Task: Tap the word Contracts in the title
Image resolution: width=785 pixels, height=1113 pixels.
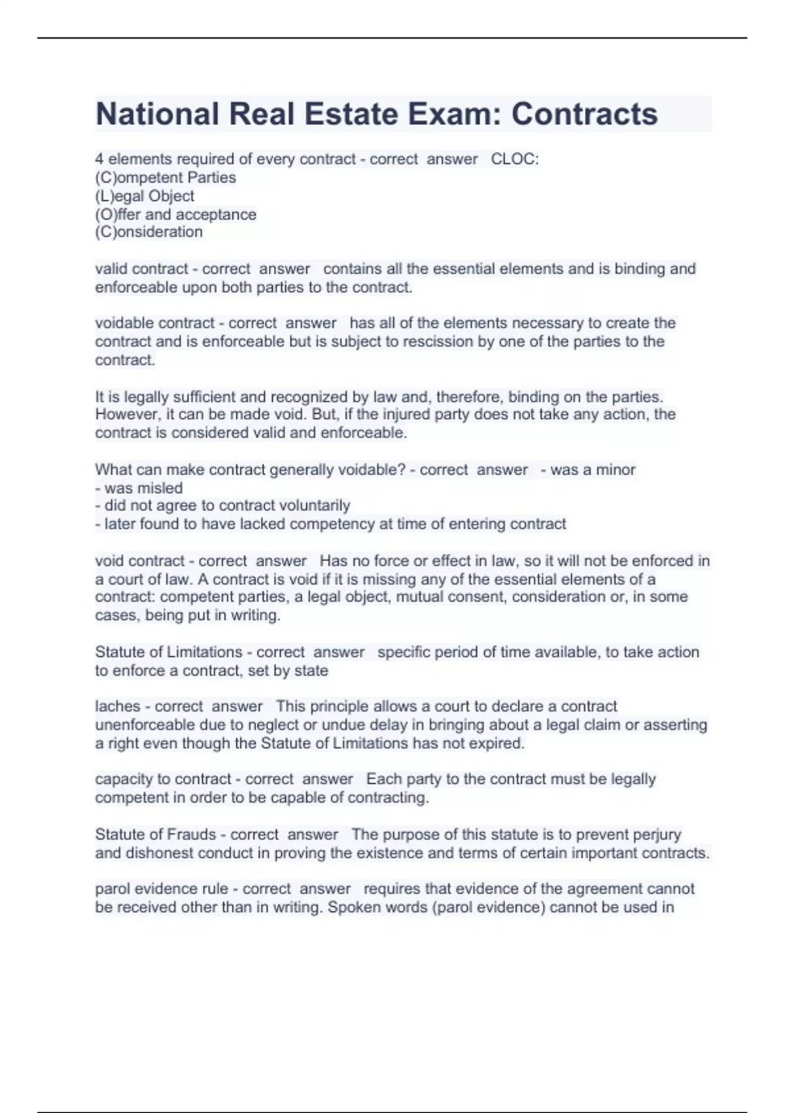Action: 584,114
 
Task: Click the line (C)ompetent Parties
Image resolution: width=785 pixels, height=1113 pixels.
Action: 166,177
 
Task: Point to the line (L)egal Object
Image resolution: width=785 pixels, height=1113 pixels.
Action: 145,196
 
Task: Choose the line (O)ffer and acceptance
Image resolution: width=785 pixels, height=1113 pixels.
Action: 175,214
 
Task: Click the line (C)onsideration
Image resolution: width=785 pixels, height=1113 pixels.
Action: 148,232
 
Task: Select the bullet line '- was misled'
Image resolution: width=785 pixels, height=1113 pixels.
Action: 139,488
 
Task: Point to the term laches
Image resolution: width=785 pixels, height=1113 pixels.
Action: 117,706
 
